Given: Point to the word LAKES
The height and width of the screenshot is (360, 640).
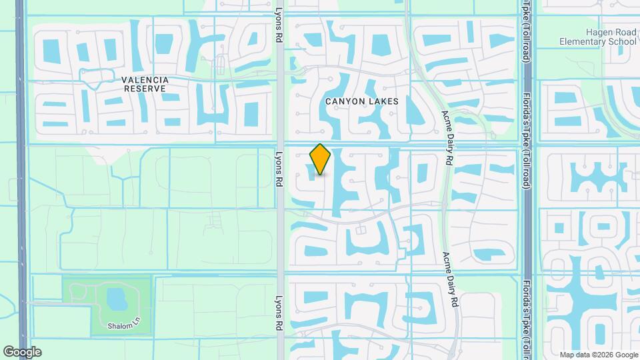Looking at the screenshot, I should pos(383,101).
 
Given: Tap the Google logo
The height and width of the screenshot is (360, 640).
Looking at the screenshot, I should pos(22,352).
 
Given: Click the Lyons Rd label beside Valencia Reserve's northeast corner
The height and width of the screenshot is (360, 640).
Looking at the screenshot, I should pos(279,26).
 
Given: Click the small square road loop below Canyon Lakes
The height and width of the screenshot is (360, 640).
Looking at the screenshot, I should pos(361,230).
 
